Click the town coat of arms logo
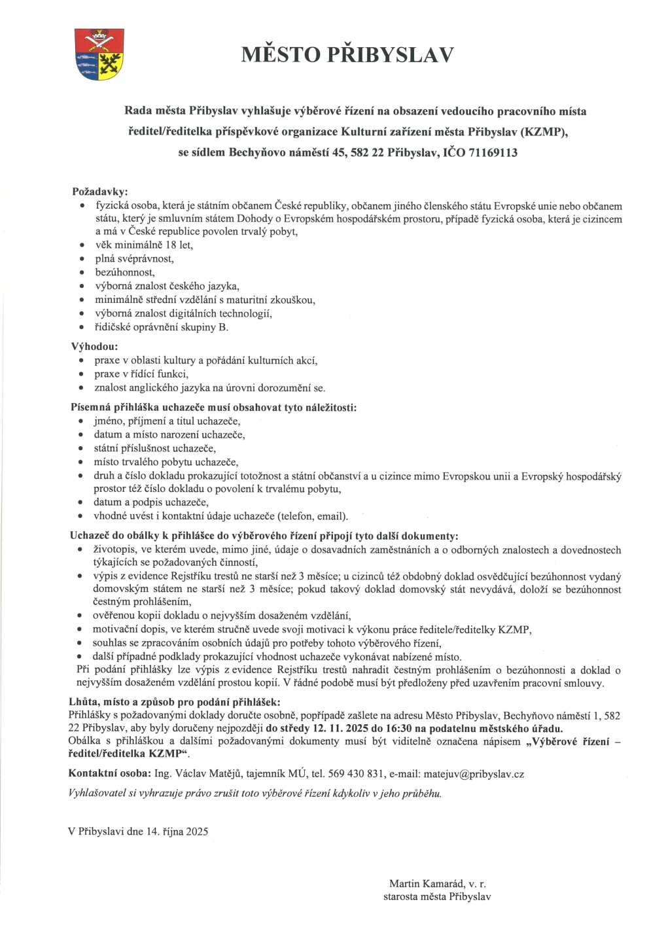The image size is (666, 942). (x=99, y=54)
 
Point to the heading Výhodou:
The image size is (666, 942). (x=94, y=346)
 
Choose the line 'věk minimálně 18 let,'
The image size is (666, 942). (x=144, y=245)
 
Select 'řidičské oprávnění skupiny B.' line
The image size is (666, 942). (x=162, y=327)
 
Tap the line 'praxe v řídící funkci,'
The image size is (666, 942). (x=141, y=374)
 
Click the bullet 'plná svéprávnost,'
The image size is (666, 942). (x=134, y=258)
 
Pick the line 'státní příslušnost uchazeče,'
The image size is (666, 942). (x=155, y=448)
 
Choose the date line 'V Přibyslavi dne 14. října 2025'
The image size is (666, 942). (x=138, y=831)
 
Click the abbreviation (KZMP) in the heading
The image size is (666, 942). (x=545, y=132)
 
